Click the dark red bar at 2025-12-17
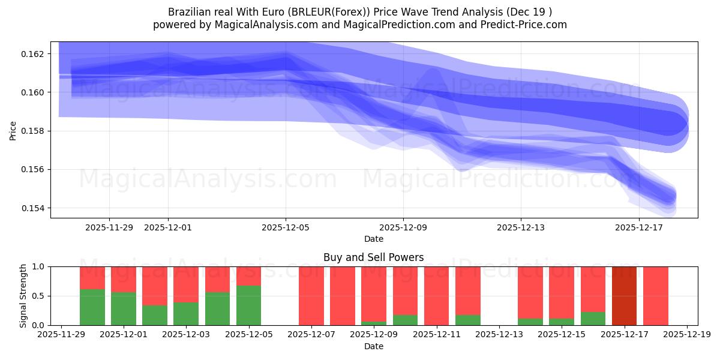pos(624,296)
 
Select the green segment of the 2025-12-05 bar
pos(248,305)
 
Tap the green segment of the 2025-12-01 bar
pos(123,309)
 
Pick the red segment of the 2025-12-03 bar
pos(186,284)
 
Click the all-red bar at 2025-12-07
pos(311,296)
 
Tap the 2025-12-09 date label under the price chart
pos(403,227)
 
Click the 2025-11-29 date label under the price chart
pos(109,227)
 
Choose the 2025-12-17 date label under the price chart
pos(638,227)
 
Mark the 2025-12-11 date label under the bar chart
pos(436,335)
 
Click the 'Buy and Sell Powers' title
pos(373,257)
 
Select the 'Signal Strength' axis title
pos(23,296)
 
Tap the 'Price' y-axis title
pos(13,130)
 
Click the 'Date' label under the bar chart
pos(373,346)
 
